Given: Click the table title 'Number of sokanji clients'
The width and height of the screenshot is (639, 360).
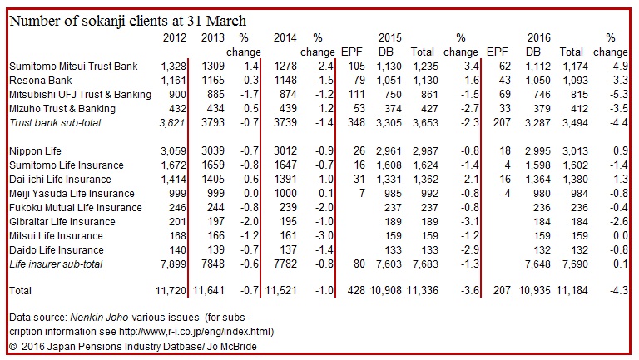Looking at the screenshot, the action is coord(94,20).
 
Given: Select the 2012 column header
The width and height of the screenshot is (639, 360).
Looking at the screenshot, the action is coord(175,38).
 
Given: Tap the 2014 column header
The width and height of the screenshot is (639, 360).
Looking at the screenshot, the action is coord(285,38).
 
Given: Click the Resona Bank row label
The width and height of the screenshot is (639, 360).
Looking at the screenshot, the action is coord(40,80).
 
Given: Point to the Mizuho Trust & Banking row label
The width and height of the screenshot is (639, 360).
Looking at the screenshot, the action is coord(62,109).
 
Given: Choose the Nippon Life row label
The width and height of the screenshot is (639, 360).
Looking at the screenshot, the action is coord(35,151).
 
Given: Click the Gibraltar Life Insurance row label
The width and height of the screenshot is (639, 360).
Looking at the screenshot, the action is coord(62,222).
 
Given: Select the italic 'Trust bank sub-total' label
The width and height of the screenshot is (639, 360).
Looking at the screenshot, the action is coord(55,123).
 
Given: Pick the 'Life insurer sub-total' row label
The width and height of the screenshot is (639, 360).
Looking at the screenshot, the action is coord(56,264).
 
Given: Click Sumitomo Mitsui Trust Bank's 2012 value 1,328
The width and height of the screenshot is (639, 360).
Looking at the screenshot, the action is coord(174,67).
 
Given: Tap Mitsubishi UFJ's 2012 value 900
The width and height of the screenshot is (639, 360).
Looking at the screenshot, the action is coord(178,95).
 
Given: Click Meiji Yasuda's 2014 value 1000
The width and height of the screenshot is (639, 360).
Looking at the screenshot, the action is coord(285,194).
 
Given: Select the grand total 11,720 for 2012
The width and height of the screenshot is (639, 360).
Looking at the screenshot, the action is coord(171,291).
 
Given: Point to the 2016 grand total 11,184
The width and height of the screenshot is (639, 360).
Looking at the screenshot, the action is coord(572,291).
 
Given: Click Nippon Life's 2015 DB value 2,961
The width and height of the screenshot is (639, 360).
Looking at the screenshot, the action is coord(389,151).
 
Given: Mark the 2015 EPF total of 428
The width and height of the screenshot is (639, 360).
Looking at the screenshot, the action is coord(356,291).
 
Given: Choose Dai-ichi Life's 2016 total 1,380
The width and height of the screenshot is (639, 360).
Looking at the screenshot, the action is coord(575,180).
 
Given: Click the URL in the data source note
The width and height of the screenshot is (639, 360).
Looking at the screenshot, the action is coord(196,332).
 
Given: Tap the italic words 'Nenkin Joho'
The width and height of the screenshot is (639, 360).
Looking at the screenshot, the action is coord(100,318).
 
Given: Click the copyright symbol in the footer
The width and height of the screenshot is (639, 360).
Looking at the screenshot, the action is coord(13,347).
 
